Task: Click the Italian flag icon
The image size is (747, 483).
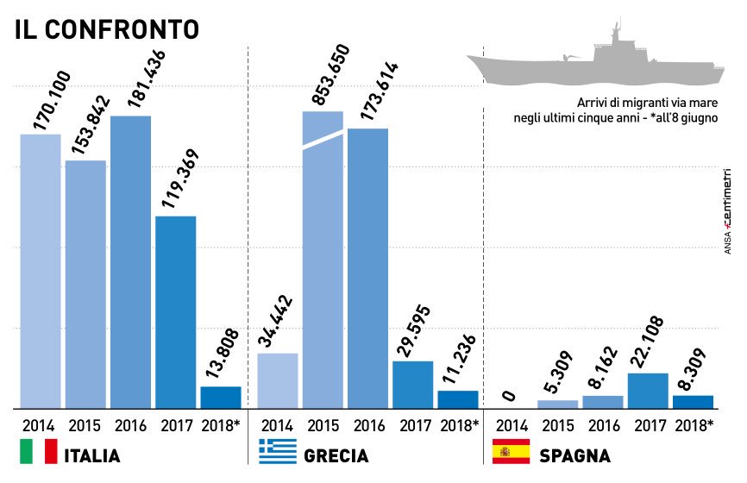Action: point(38,453)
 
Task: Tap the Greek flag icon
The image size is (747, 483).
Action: point(278,453)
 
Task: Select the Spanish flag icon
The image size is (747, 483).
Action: point(511,453)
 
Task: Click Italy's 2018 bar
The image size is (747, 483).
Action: point(221,397)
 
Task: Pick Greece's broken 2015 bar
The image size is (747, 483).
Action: point(323,259)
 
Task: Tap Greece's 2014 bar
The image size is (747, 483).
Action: point(278,380)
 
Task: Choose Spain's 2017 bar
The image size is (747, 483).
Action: point(647,391)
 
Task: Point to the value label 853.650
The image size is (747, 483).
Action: point(330,76)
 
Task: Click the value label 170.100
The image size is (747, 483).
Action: point(52,101)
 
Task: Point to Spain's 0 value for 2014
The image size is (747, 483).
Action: point(508,398)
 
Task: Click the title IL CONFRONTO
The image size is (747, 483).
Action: point(106,29)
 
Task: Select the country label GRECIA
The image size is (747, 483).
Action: point(337,455)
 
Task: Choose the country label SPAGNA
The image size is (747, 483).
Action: point(574,455)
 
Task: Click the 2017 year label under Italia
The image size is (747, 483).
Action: point(176,424)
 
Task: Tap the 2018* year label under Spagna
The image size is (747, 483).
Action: point(694,424)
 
